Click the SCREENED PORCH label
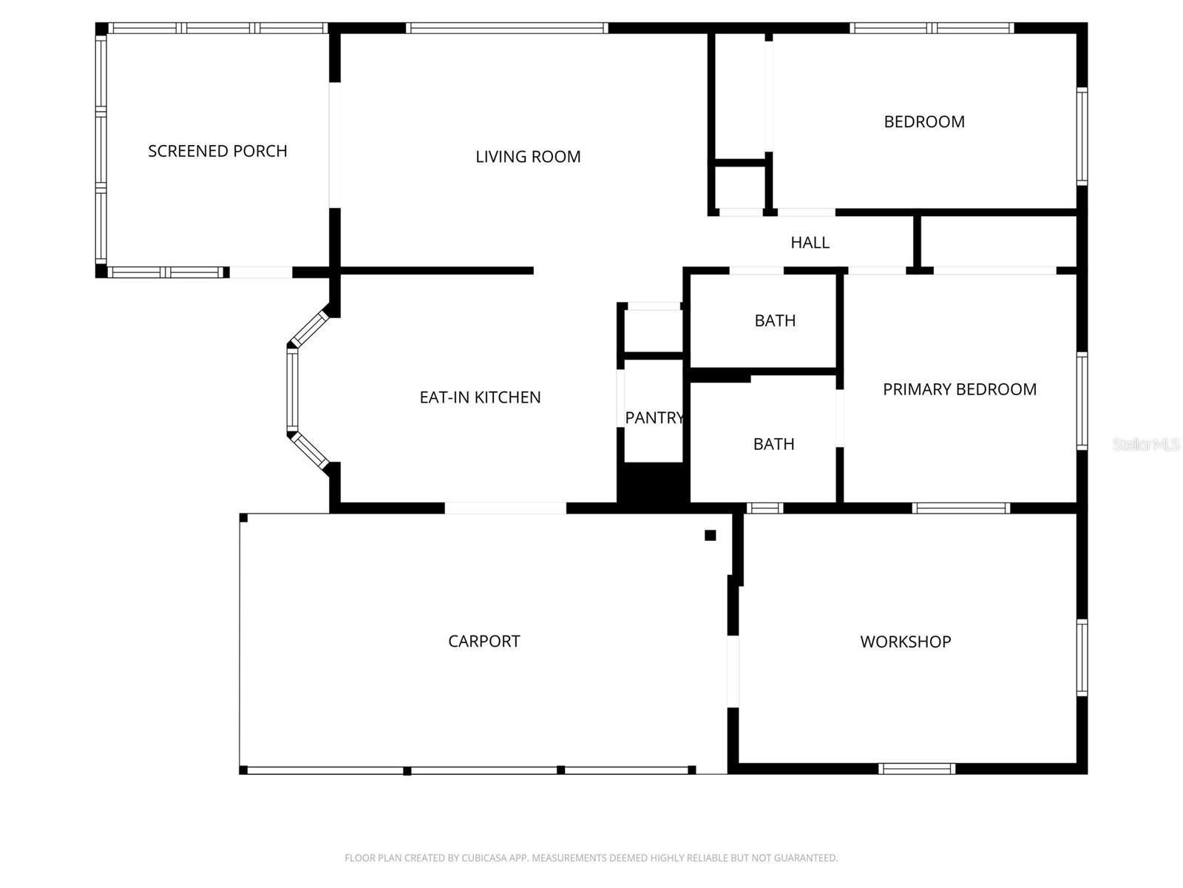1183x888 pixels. (x=217, y=151)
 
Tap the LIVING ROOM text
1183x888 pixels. (x=528, y=157)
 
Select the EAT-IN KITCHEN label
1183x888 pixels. (x=480, y=397)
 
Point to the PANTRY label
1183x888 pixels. (x=654, y=418)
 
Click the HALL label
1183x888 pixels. (x=810, y=243)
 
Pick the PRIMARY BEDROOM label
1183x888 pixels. (x=959, y=389)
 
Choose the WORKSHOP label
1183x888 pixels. (x=905, y=642)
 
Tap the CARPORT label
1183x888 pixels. (x=484, y=641)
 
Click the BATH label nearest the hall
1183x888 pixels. (x=775, y=320)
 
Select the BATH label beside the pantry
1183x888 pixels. (x=773, y=444)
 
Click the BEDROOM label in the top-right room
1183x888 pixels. (x=923, y=121)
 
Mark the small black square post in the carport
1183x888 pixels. (x=710, y=535)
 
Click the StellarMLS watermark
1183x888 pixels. (x=1145, y=444)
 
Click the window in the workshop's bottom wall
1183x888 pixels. (x=917, y=769)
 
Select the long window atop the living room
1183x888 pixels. (x=507, y=29)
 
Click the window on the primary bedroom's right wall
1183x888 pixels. (x=1082, y=401)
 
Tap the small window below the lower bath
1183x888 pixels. (x=764, y=508)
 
